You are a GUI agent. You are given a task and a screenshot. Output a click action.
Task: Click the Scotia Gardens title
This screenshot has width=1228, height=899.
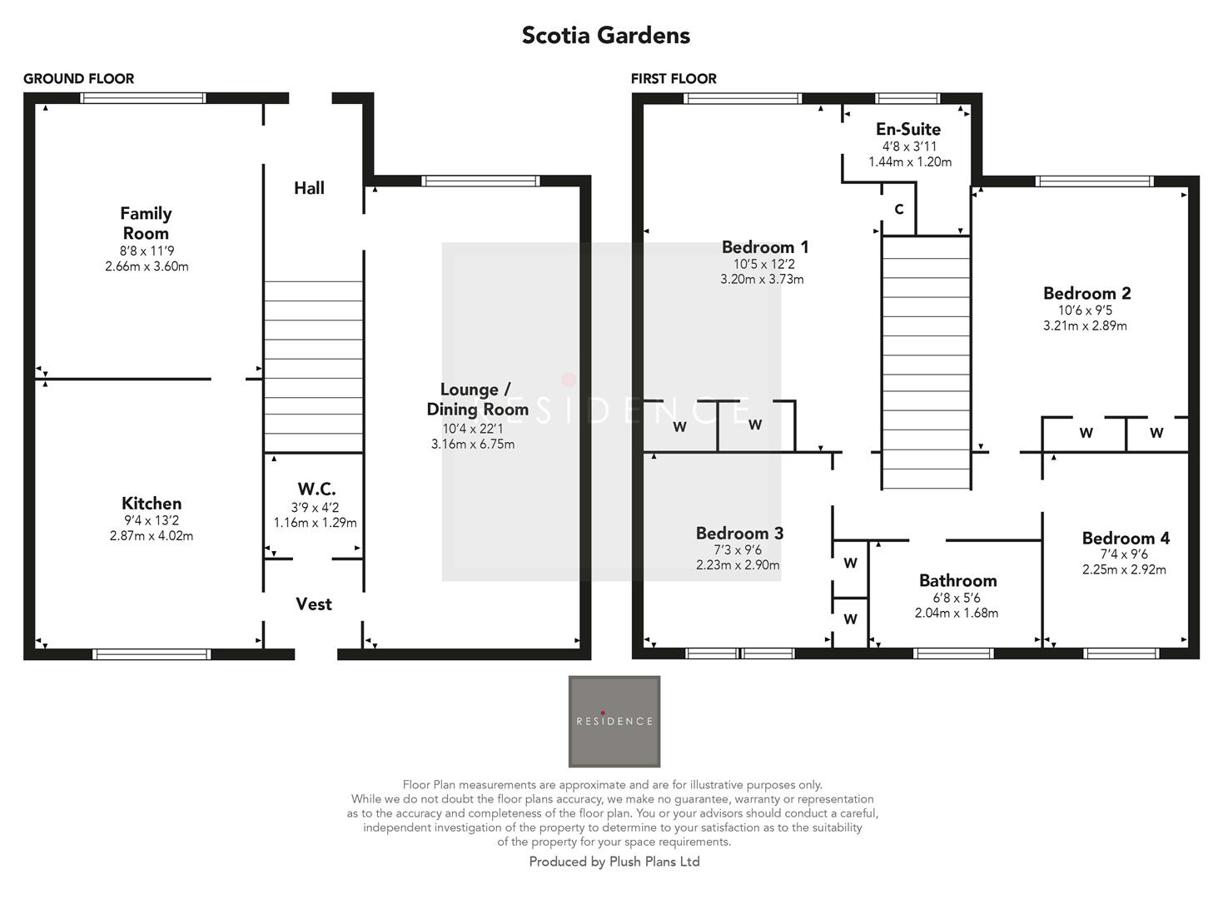point(605,36)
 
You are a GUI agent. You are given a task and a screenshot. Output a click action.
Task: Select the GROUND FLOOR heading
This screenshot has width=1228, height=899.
point(78,79)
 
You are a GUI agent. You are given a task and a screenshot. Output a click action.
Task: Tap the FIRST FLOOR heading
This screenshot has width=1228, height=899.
point(674,79)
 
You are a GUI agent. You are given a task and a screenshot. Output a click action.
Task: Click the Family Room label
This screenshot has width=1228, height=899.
point(146,223)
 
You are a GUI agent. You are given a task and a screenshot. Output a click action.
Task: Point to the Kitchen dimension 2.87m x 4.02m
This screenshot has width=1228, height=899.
point(152,536)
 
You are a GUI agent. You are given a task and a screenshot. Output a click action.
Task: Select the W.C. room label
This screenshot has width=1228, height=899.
point(316,489)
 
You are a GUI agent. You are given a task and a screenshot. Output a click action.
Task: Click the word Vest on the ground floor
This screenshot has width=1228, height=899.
point(314,604)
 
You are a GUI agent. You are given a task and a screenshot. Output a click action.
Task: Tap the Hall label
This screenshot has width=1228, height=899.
point(309,188)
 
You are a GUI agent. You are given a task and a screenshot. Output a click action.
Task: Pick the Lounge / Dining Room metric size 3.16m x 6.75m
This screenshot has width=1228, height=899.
point(473,445)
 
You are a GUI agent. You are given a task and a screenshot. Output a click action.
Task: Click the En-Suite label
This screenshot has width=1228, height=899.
point(908,129)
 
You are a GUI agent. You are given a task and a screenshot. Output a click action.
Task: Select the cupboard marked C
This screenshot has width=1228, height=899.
point(898,210)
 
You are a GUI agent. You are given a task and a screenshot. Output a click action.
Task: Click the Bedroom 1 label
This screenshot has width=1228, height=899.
point(764,247)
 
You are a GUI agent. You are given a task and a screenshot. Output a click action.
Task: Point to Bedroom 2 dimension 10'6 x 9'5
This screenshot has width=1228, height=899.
point(1085,310)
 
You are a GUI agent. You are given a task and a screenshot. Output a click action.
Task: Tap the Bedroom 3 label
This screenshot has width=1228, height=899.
point(739,534)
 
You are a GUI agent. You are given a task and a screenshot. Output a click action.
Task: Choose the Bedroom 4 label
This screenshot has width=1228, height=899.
point(1126,539)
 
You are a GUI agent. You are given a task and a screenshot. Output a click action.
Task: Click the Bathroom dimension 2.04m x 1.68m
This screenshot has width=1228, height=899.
point(957,613)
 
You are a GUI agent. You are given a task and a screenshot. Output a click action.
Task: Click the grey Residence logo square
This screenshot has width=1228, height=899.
point(614,721)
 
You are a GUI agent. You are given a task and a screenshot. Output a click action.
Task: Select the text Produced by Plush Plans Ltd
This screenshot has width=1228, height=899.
point(614,862)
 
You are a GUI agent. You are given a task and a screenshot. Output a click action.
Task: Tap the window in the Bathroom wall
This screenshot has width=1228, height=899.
point(953,653)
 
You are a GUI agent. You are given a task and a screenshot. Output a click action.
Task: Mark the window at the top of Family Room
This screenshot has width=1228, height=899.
point(143,98)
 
